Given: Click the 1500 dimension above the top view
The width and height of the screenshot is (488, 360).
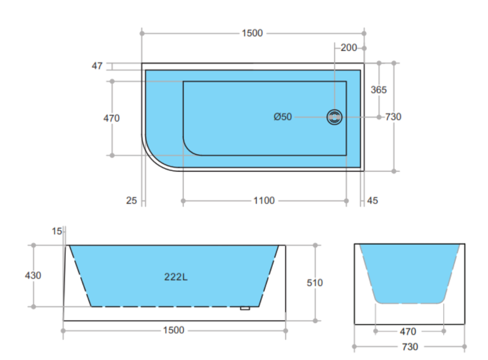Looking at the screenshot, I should click(x=252, y=33).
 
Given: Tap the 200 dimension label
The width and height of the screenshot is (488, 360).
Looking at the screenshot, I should click(x=348, y=48).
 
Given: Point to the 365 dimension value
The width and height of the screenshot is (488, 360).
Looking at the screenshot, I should click(x=378, y=90).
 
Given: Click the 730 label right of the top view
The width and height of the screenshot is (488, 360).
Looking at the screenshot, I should click(x=393, y=117).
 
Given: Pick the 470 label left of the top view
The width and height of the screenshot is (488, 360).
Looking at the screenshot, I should click(x=112, y=118).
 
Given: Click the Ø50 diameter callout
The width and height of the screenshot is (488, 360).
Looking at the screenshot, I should click(x=283, y=117).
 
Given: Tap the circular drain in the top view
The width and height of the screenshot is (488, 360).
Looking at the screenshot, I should click(x=334, y=117).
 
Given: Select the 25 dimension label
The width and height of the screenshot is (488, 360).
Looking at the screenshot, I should click(x=132, y=201).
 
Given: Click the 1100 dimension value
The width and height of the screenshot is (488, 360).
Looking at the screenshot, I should click(x=264, y=201).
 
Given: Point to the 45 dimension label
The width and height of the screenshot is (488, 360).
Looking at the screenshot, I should click(x=372, y=201).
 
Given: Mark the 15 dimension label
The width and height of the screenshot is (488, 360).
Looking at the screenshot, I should click(x=57, y=231).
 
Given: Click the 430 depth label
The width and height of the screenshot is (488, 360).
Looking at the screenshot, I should click(x=33, y=275).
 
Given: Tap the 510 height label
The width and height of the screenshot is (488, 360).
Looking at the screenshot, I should click(x=315, y=283).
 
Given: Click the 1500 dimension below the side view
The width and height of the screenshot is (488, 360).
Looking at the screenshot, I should click(x=174, y=330).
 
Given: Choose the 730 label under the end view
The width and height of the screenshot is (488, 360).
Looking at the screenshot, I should click(x=410, y=347).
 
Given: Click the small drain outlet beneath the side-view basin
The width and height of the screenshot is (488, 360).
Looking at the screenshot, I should click(x=245, y=308).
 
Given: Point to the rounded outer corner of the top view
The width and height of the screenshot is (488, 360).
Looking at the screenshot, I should click(x=152, y=159).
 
